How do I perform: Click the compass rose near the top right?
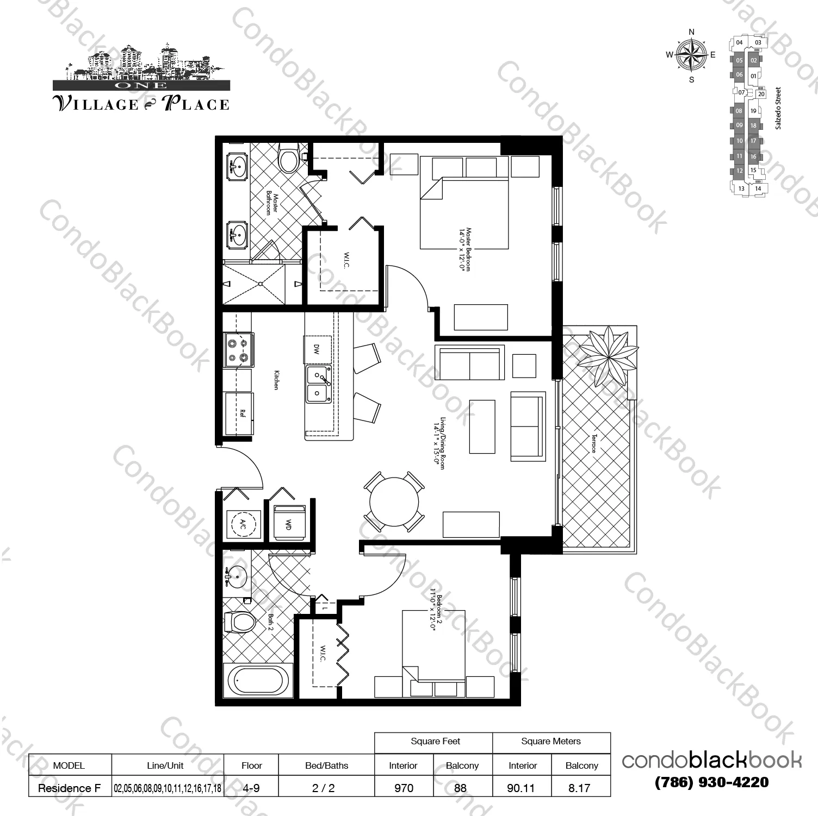click(691, 55)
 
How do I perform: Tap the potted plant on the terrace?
click(607, 356)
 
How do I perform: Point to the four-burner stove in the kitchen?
click(238, 350)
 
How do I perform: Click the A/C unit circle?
click(242, 524)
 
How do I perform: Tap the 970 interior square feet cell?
click(404, 788)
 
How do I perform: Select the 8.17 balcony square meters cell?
click(579, 788)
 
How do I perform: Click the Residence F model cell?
click(69, 788)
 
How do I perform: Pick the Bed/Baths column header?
click(326, 765)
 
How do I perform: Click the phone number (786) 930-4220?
click(711, 782)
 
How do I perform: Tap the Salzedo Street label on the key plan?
click(778, 108)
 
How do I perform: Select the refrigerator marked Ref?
click(239, 413)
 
